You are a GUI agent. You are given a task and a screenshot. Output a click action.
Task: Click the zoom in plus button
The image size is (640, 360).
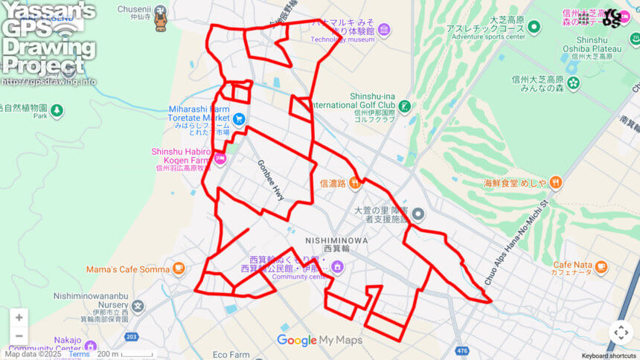pos(19,318)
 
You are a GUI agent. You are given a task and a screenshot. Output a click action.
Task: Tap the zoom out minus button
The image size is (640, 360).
pos(19,336)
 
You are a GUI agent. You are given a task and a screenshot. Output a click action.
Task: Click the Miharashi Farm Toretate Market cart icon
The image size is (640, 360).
pos(239,118)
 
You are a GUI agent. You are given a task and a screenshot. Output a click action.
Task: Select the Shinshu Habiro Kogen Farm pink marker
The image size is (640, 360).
pos(220,157)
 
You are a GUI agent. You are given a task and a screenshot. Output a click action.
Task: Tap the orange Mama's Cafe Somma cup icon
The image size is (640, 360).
pos(179,269)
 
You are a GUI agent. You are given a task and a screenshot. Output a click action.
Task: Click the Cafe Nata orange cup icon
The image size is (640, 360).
pos(601,267)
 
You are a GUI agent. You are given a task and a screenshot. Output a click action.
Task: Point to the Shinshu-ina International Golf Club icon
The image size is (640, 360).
pos(404,106)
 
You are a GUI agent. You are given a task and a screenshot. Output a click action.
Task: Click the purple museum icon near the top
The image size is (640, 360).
pos(383,30)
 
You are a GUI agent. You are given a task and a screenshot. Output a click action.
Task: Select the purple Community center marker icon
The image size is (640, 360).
pos(337,267)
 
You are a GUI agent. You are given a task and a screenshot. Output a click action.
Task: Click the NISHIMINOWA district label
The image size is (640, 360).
pos(336,240)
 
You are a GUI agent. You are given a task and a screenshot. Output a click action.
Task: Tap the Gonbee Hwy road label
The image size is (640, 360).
pos(271,180)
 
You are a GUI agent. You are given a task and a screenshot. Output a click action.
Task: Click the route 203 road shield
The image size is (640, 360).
pos(132,337)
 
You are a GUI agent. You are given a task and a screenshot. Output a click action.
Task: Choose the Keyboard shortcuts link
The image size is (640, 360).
pos(609,356)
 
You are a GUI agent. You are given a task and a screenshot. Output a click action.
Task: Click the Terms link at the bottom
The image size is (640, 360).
pos(79,355)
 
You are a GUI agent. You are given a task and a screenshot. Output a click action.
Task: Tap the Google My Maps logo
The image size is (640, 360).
pos(319,341)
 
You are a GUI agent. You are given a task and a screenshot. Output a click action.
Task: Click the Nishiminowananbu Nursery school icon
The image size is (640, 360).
pos(138,306)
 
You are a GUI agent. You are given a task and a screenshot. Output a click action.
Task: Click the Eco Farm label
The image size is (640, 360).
pos(231,355)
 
